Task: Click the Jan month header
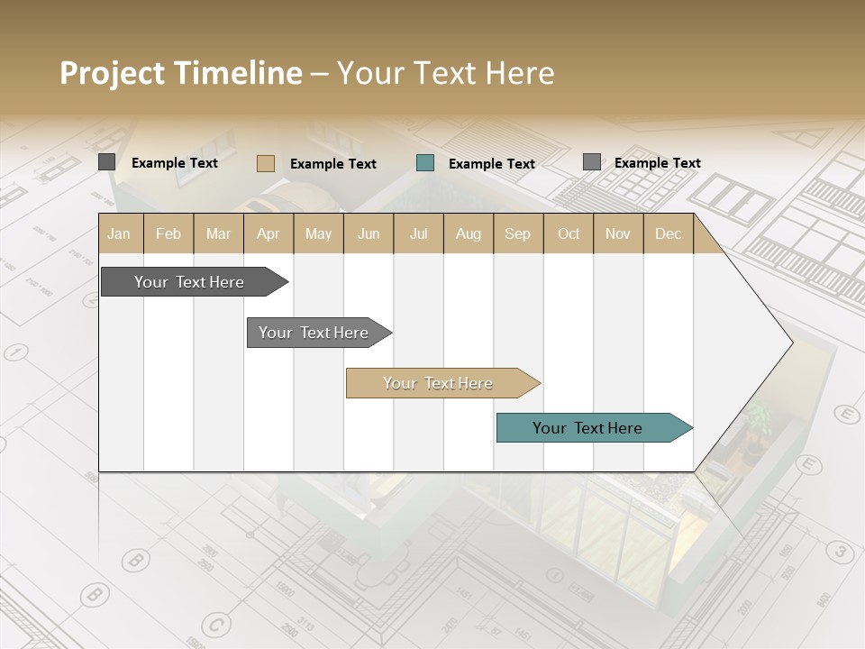[120, 233]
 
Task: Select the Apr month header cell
[269, 233]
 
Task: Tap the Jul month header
[418, 233]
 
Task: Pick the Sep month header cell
[517, 233]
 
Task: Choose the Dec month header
[668, 233]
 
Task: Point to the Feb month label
[168, 233]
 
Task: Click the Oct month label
[569, 233]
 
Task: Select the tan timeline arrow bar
[439, 383]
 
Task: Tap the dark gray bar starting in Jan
[190, 282]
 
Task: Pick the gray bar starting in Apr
[314, 333]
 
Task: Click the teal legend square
[425, 163]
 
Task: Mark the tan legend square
[266, 163]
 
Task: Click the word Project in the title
[113, 73]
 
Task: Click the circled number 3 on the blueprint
[840, 551]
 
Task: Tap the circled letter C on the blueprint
[214, 624]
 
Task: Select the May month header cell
[318, 233]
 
